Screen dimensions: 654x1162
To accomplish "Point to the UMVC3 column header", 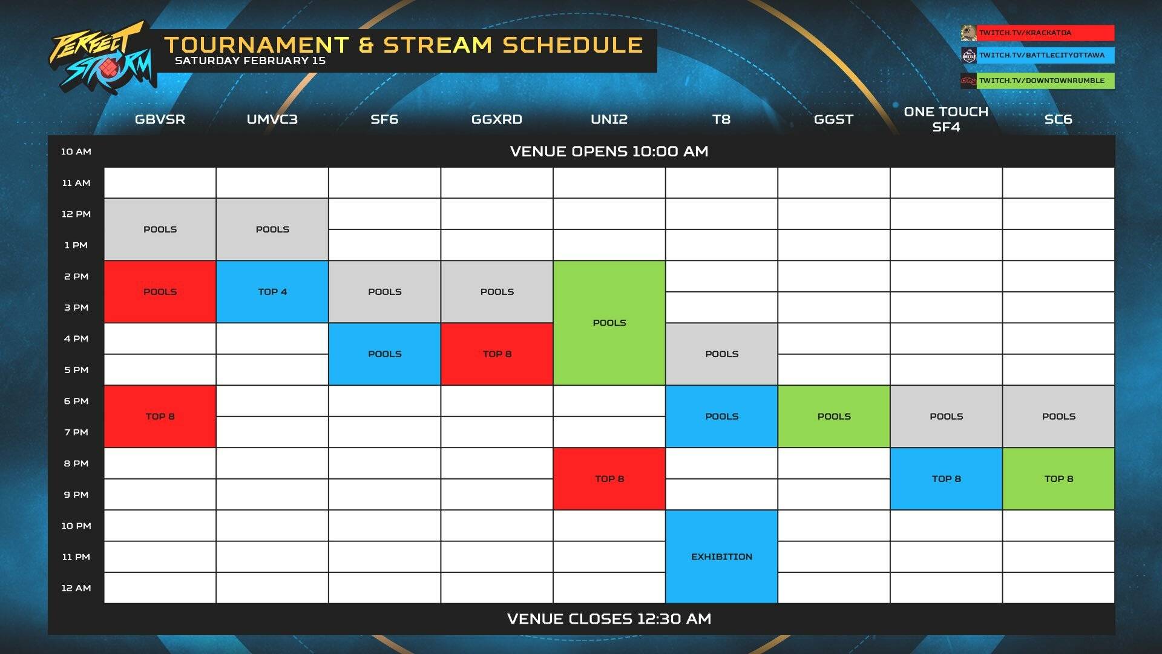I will (272, 119).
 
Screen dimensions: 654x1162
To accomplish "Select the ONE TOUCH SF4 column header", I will (946, 119).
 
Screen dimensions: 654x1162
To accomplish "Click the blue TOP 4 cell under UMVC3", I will (272, 292).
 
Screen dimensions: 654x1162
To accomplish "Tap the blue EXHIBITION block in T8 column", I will (721, 557).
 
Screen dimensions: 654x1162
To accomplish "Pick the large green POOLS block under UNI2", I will (609, 323).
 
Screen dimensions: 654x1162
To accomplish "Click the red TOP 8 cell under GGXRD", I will (497, 354).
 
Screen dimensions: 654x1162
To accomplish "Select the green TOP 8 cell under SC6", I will (1059, 479).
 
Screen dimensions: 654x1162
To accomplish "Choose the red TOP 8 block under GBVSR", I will (160, 417).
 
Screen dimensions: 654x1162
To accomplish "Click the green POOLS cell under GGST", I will (834, 417).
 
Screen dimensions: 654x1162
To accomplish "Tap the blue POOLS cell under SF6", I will (384, 354).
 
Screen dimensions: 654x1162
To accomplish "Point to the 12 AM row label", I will (76, 588).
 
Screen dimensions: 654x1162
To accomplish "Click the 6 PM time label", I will (76, 401).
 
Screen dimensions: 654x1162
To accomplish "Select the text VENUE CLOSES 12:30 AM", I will (609, 619).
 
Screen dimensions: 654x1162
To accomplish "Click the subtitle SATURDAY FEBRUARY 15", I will (250, 61).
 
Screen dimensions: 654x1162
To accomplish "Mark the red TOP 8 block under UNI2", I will (609, 479).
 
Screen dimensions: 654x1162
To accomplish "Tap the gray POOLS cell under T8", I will (721, 354).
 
